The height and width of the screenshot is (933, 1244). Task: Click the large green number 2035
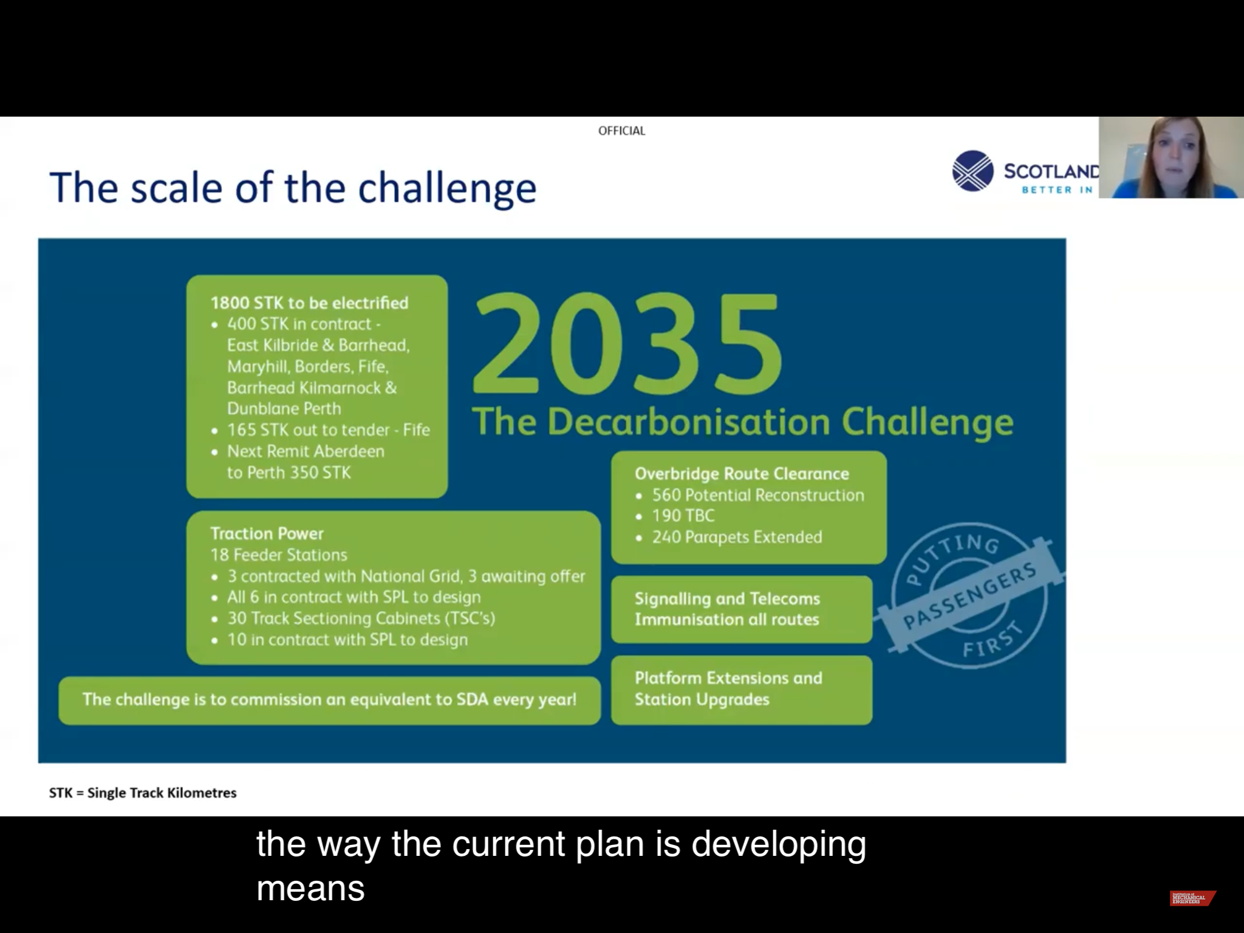[x=627, y=344]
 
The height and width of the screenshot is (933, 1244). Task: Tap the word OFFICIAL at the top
[x=621, y=131]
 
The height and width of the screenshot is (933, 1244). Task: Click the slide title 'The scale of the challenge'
[x=293, y=187]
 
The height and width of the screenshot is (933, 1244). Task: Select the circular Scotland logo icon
[x=972, y=171]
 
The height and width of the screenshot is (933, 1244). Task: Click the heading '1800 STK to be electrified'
[x=309, y=302]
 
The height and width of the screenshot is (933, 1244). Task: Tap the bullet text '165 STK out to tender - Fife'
[x=329, y=430]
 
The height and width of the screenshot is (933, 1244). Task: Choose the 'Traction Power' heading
[x=267, y=533]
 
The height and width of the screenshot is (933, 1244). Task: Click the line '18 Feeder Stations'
[x=279, y=555]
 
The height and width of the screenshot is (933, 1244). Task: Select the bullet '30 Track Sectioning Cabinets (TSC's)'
[x=361, y=618]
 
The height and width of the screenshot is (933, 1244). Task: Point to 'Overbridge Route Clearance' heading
[x=742, y=474]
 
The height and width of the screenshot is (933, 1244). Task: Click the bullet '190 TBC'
[x=683, y=516]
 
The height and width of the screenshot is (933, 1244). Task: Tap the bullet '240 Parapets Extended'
[x=737, y=537]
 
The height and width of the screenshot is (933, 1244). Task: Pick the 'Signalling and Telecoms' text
[x=727, y=599]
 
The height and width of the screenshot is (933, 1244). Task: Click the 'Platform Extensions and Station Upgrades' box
[x=742, y=690]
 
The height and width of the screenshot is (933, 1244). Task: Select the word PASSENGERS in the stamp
[x=969, y=596]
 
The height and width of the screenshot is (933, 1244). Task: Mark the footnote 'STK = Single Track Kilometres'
[x=143, y=793]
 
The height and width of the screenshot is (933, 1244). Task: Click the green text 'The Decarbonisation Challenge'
[x=742, y=422]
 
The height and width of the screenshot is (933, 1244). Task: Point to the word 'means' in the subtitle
[x=310, y=889]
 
